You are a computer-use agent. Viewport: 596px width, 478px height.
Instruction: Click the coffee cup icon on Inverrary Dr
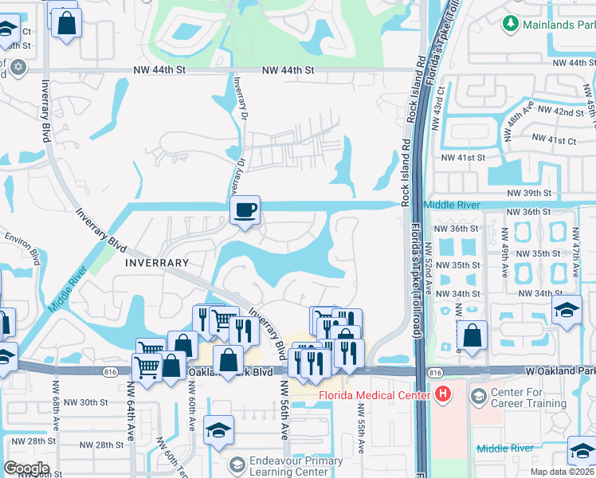245,210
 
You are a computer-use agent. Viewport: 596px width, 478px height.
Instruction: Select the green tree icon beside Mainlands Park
511,25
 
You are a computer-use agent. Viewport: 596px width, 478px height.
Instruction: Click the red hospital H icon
443,395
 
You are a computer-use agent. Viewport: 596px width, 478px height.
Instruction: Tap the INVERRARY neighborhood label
156,262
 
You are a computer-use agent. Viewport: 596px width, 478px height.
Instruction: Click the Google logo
25,468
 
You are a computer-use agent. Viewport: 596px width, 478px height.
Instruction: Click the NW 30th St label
88,402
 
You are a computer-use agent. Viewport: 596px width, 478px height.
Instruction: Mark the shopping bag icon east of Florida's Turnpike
472,336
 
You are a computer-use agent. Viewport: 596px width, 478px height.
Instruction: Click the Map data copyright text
561,472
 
